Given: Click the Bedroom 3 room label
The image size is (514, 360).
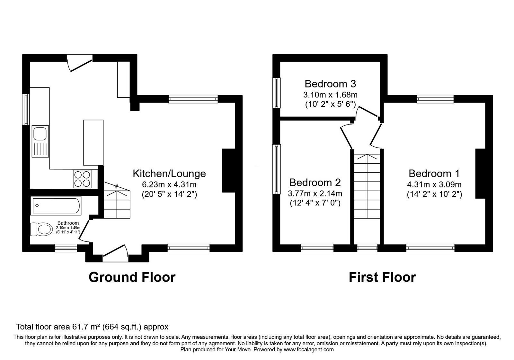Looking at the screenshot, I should (x=330, y=84).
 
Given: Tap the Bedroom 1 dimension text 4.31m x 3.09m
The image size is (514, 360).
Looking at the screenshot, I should (x=434, y=184).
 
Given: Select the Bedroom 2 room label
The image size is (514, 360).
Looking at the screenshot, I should (x=315, y=183).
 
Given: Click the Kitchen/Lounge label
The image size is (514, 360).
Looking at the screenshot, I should (x=169, y=174).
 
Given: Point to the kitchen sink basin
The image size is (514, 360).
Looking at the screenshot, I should (x=40, y=133).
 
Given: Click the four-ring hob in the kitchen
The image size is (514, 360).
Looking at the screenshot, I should (x=82, y=179).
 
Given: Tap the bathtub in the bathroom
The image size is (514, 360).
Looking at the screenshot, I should (x=56, y=206).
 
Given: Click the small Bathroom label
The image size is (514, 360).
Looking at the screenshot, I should (x=68, y=223).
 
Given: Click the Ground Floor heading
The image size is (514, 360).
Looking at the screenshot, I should (x=132, y=277).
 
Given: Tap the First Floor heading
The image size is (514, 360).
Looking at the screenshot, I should (x=382, y=277).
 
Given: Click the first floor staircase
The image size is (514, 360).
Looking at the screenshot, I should (x=367, y=186).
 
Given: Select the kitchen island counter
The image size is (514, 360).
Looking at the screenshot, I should (x=93, y=142).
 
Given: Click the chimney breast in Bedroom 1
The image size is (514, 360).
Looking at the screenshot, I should (x=480, y=174).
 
